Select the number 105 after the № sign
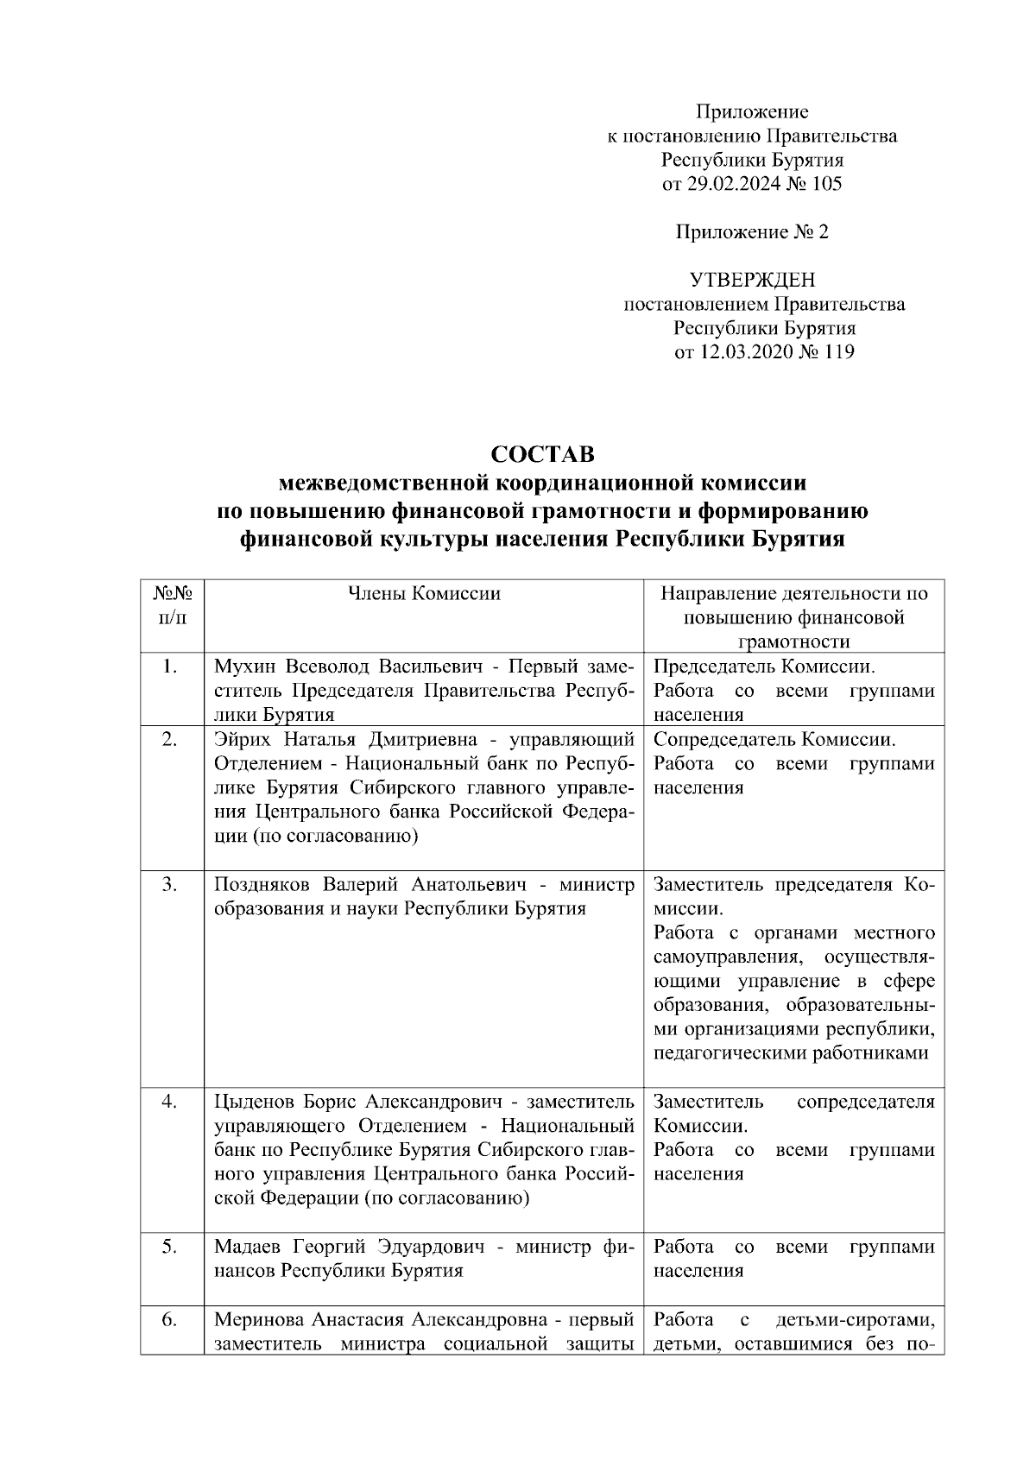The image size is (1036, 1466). (826, 184)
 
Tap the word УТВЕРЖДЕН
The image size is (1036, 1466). (752, 280)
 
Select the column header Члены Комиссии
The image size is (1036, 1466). (423, 593)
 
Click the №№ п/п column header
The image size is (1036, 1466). (172, 605)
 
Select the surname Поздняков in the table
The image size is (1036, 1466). (262, 885)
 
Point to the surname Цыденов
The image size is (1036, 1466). (254, 1103)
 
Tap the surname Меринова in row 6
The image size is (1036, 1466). (257, 1319)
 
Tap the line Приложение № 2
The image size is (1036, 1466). (752, 232)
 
